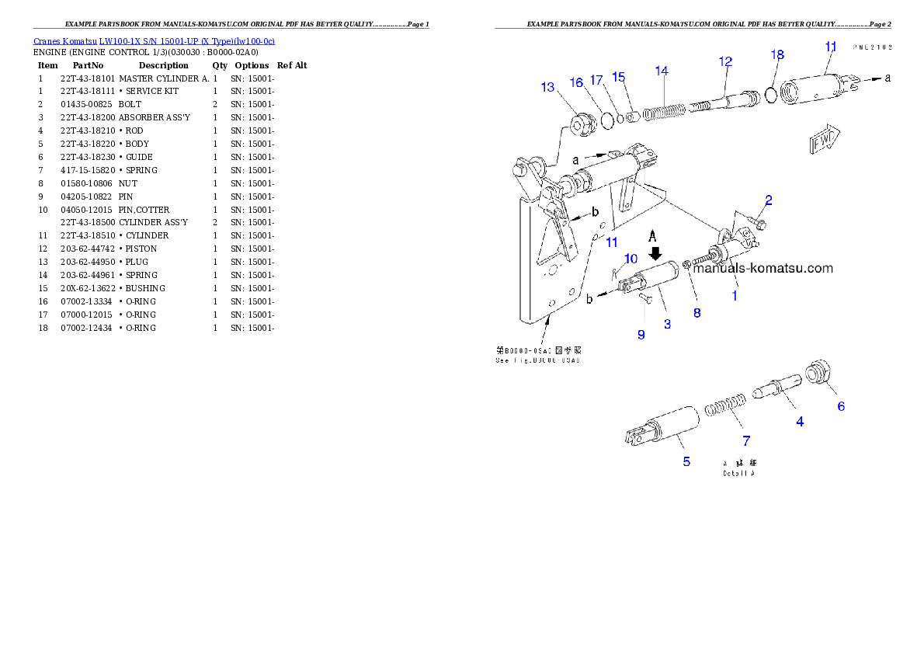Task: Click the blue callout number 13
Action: pyautogui.click(x=548, y=87)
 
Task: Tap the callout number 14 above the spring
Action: pyautogui.click(x=662, y=71)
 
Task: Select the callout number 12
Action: pyautogui.click(x=725, y=61)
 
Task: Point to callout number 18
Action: pyautogui.click(x=777, y=54)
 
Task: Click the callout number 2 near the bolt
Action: pyautogui.click(x=768, y=200)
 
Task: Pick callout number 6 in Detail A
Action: pyautogui.click(x=840, y=406)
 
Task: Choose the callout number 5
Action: pyautogui.click(x=686, y=461)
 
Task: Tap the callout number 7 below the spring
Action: pyautogui.click(x=746, y=441)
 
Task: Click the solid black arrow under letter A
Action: pyautogui.click(x=655, y=252)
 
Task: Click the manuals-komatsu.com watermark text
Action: pyautogui.click(x=762, y=269)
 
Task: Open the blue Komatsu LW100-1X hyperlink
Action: pyautogui.click(x=154, y=41)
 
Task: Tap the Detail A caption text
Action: pyautogui.click(x=738, y=472)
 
